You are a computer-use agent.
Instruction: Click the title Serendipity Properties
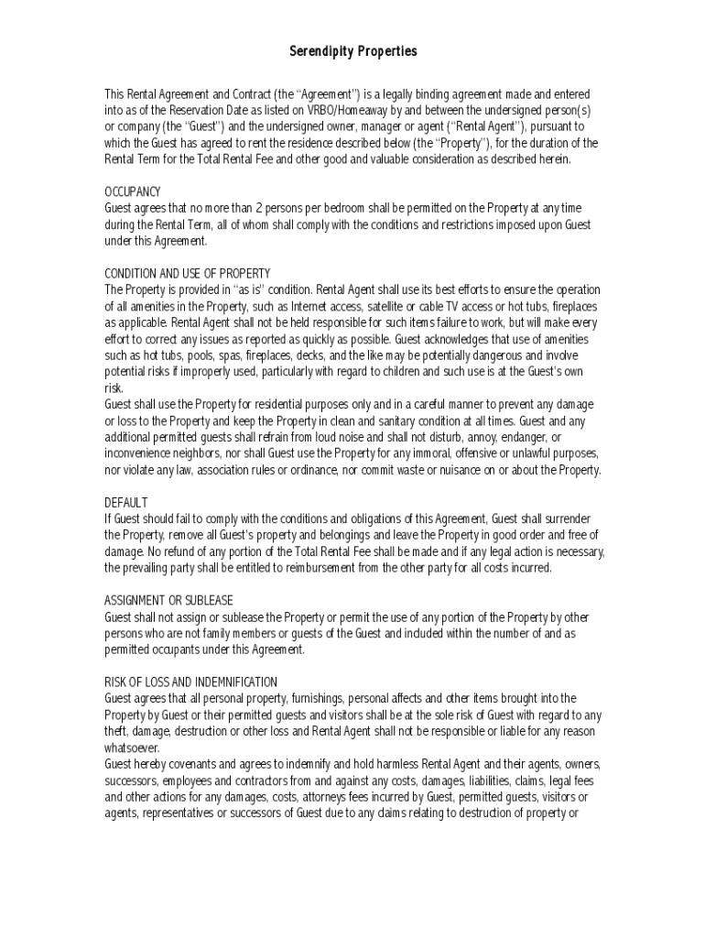point(352,51)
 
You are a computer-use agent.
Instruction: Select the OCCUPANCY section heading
point(133,191)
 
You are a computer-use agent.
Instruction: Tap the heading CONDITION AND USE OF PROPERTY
point(188,273)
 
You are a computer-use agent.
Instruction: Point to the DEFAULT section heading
point(125,502)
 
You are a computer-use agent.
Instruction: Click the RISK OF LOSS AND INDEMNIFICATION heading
point(191,682)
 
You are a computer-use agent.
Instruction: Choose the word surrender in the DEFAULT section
point(576,518)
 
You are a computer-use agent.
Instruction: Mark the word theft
point(115,731)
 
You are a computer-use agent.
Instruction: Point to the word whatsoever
point(132,747)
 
